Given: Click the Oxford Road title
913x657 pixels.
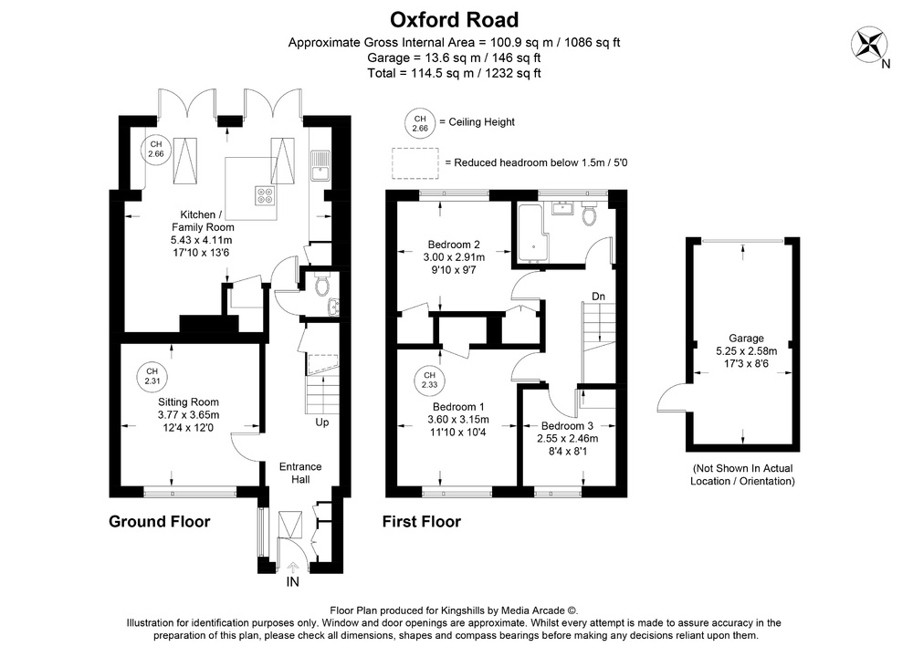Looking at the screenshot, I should [x=454, y=19].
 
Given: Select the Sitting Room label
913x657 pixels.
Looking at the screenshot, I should [x=188, y=401].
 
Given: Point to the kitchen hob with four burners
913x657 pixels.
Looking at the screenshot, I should [x=266, y=193].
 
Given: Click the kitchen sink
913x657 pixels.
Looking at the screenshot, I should [x=320, y=166].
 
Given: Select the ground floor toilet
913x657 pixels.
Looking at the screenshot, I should [x=320, y=286].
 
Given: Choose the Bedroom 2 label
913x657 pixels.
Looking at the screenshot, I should [x=454, y=245].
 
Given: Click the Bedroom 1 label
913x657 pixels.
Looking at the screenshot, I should [x=458, y=407].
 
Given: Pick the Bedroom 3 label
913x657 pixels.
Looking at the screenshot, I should [x=567, y=425].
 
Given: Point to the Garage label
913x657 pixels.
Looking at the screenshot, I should [x=746, y=338].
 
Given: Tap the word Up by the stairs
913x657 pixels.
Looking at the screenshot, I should [x=321, y=422].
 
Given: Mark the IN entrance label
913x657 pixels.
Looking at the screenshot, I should [x=293, y=581].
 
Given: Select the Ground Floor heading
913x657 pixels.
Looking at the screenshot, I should [x=160, y=522].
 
